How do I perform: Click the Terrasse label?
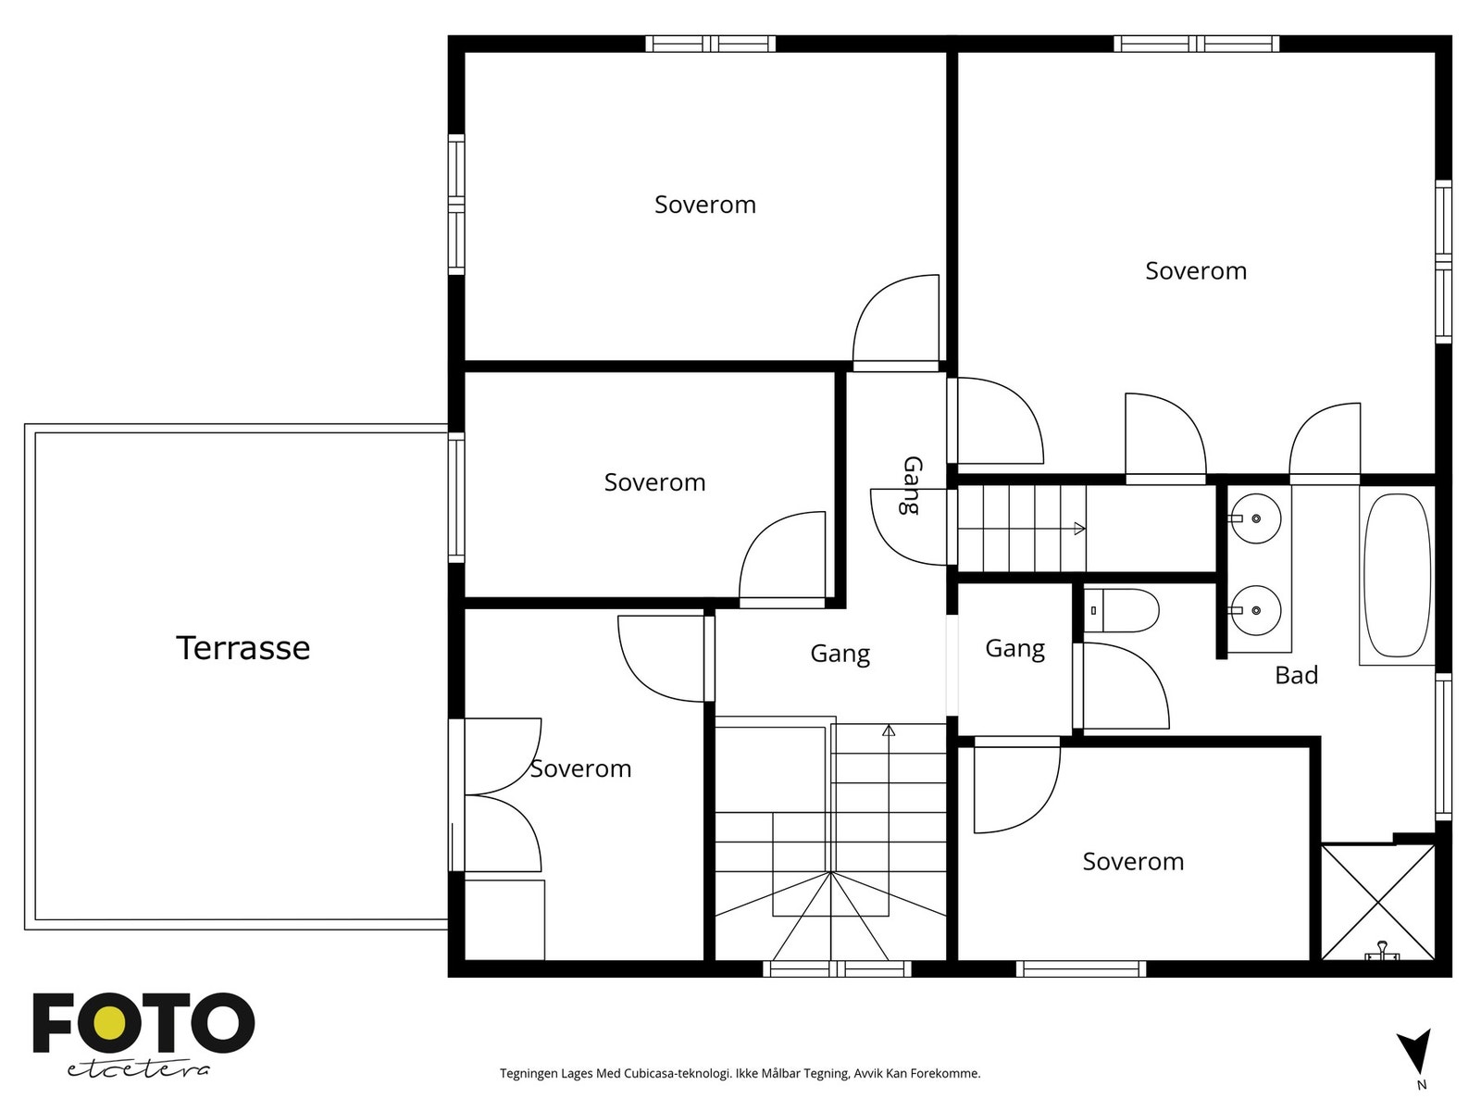[243, 647]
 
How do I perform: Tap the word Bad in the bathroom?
[1296, 675]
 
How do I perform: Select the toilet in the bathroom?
[1121, 610]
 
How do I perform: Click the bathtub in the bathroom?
[1398, 575]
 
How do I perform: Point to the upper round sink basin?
[1254, 518]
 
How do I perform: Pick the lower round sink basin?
[1254, 610]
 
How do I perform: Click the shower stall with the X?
[1377, 902]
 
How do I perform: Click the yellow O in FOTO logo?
[109, 1023]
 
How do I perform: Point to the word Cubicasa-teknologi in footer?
[677, 1073]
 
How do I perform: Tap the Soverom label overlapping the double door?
[580, 769]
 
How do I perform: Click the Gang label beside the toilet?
[1014, 649]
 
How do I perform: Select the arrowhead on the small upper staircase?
[1079, 529]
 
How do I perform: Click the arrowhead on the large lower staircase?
[889, 730]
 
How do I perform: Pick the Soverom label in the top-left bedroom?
[705, 205]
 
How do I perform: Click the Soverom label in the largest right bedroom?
[1196, 270]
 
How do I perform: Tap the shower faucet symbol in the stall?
[1382, 952]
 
